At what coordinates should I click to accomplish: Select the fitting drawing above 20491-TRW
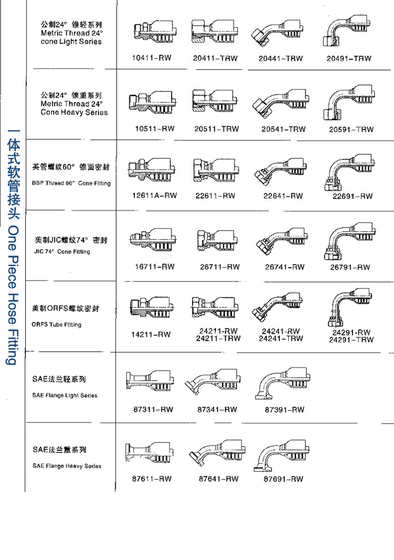tap(348, 34)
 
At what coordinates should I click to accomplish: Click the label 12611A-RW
tap(154, 196)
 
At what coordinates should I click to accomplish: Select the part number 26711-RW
tap(220, 267)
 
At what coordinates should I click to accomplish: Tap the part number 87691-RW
tap(283, 479)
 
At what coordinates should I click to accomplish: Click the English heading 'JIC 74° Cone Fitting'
tap(62, 252)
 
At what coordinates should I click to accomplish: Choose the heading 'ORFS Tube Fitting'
tap(56, 325)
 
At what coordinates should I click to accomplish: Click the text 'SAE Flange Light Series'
tap(65, 396)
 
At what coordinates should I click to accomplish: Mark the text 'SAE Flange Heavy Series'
tap(67, 466)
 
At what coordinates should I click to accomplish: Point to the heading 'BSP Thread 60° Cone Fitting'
tap(71, 183)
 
